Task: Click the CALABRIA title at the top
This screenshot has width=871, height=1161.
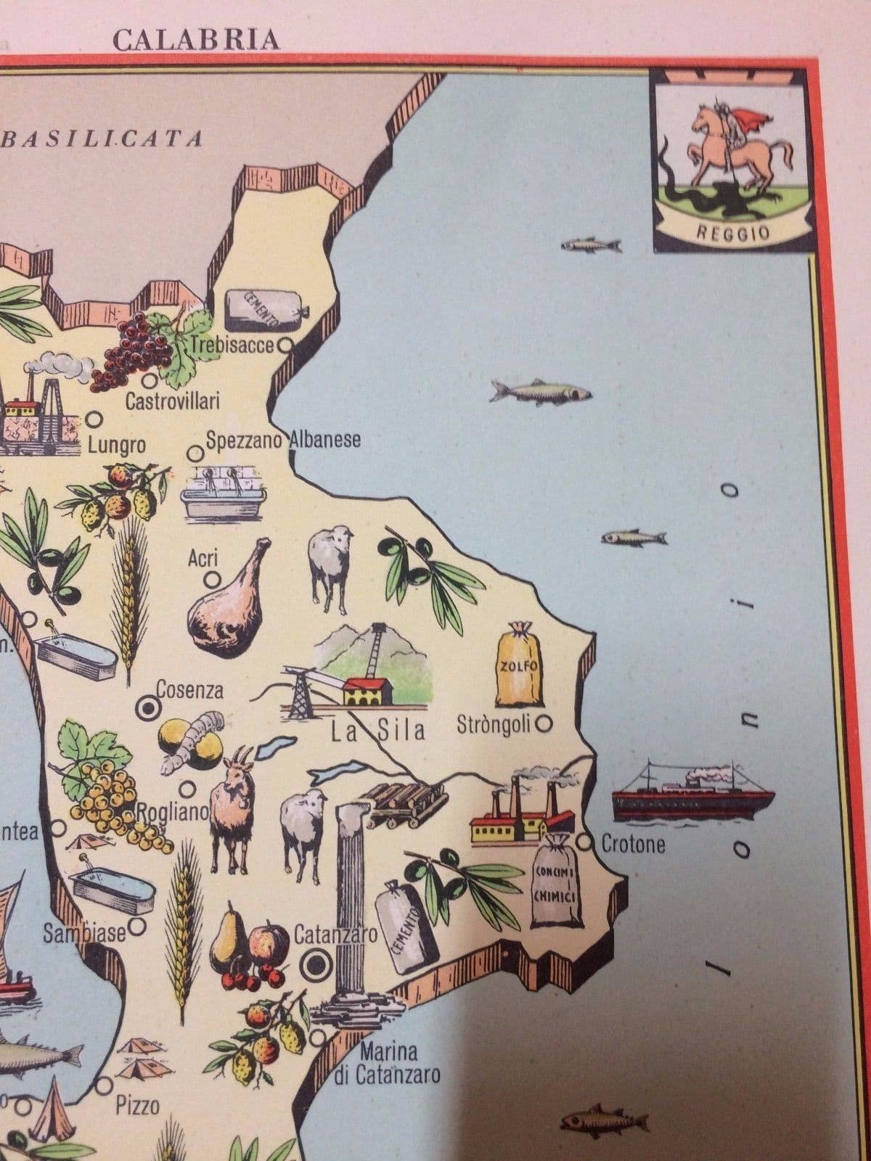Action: [x=196, y=39]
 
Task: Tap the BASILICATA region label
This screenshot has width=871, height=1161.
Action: [x=102, y=138]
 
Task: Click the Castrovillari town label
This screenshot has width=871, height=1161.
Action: [x=173, y=401]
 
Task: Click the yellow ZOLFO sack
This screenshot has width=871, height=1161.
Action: [x=520, y=666]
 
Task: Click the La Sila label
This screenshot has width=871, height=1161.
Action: [x=377, y=729]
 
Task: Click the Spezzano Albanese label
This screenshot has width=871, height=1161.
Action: [x=283, y=440]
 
